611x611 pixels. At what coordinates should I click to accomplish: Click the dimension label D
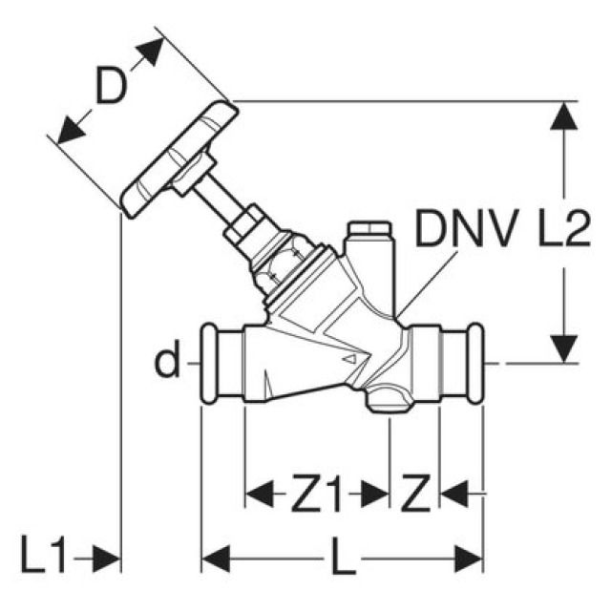coord(112,90)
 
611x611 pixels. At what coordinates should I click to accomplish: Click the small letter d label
coord(168,363)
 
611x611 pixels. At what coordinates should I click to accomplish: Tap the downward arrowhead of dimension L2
coord(565,347)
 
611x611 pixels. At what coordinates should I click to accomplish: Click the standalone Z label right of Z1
coord(415,495)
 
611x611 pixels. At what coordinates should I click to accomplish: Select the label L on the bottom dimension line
coord(343,557)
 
